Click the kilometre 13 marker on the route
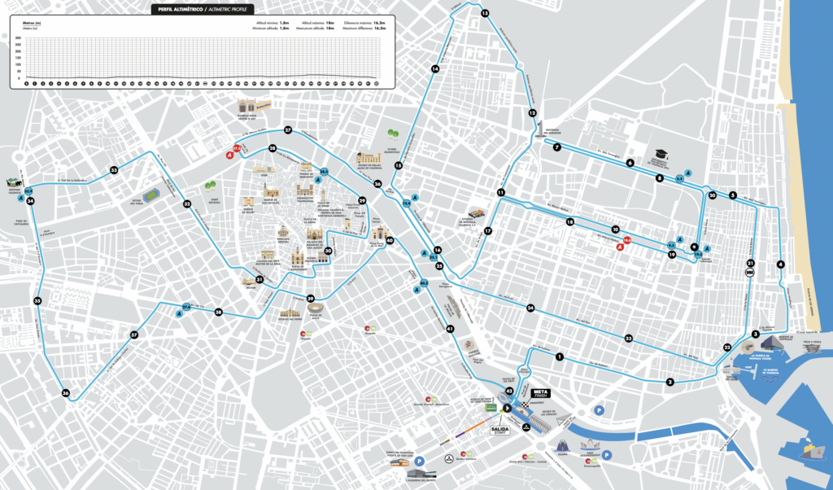(485, 14)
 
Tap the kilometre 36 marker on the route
(65, 393)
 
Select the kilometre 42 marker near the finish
(509, 392)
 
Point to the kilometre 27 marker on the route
(288, 130)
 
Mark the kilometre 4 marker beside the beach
(780, 264)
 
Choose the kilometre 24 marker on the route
(530, 308)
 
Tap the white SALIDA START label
(499, 427)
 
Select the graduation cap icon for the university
(659, 152)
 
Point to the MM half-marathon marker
(749, 273)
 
